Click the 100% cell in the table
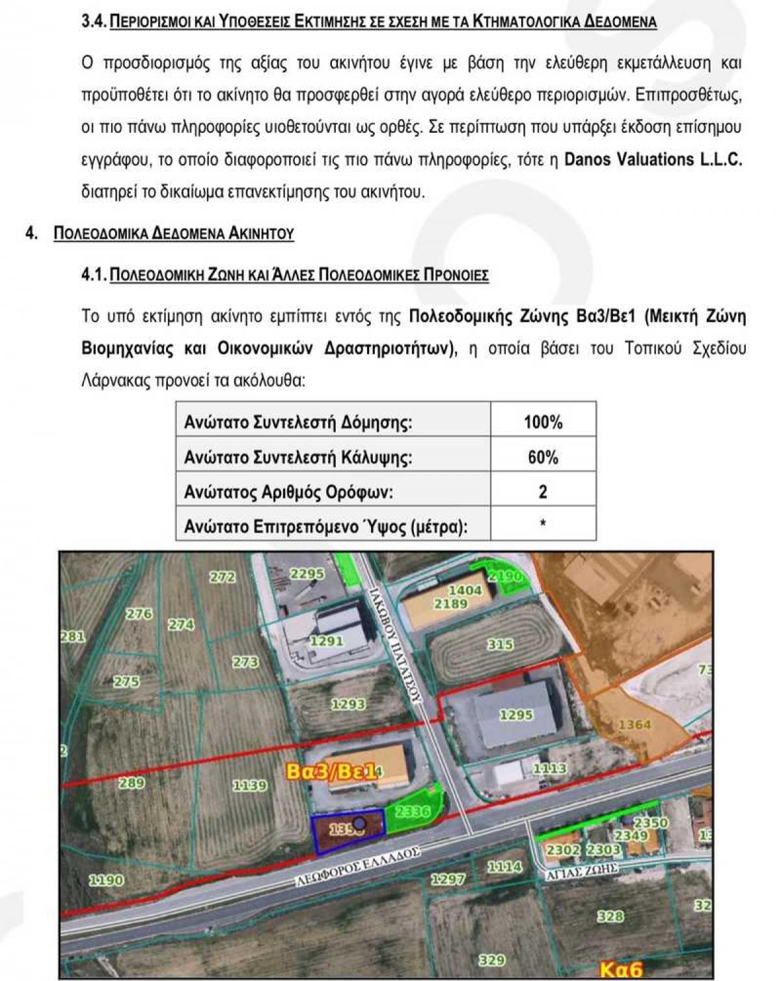coord(543,422)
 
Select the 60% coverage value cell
coord(543,457)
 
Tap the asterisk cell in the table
coord(543,523)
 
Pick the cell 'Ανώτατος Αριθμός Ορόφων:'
coord(288,491)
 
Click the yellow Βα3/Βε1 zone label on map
coord(331,772)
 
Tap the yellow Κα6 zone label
coord(620,969)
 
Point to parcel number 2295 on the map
coord(307,573)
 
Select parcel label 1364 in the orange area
coord(634,725)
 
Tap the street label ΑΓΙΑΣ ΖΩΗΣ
coord(581,872)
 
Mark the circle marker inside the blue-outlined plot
coord(359,823)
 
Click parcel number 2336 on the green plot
coord(413,811)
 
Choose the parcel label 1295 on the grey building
coord(516,715)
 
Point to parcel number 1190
coord(105,880)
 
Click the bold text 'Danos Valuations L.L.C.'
coord(653,159)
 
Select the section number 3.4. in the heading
coord(94,22)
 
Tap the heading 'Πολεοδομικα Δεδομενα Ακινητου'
coord(174,233)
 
